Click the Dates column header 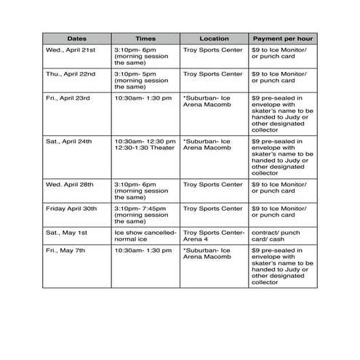coord(76,39)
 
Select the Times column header coord(145,39)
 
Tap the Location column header coord(214,39)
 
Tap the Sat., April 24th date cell coord(67,140)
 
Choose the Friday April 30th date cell coord(71,209)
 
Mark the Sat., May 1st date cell coord(66,233)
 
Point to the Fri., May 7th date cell coord(65,251)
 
